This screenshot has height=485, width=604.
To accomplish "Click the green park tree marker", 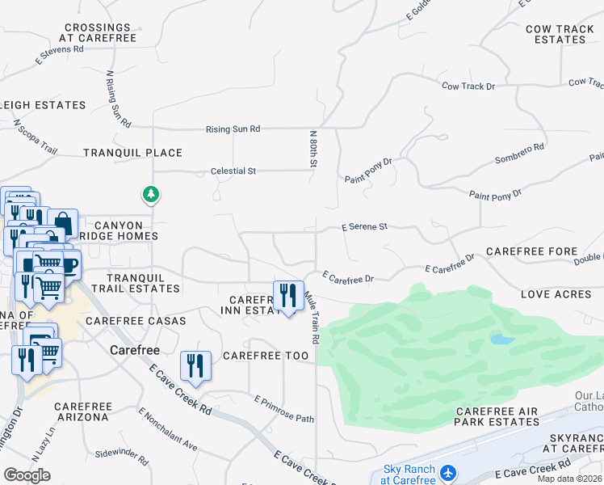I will click(150, 194).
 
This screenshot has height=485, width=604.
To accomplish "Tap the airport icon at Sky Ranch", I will click(448, 470).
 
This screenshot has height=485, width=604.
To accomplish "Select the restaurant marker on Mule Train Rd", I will click(288, 297).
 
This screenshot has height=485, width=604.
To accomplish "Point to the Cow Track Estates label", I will click(560, 34).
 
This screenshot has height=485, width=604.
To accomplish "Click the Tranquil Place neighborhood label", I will click(132, 153).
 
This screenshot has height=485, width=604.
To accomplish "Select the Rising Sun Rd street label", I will click(233, 129).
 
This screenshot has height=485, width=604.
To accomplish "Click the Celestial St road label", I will click(233, 171).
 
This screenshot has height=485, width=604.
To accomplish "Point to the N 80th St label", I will click(312, 149).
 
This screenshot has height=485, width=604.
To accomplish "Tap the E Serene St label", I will click(364, 227).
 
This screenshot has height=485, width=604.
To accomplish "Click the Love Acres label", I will click(556, 294).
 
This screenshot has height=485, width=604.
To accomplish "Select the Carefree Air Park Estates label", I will click(496, 416).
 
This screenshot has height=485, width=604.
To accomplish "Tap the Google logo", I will click(27, 474).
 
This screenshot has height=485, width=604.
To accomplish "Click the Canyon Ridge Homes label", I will click(119, 230).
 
